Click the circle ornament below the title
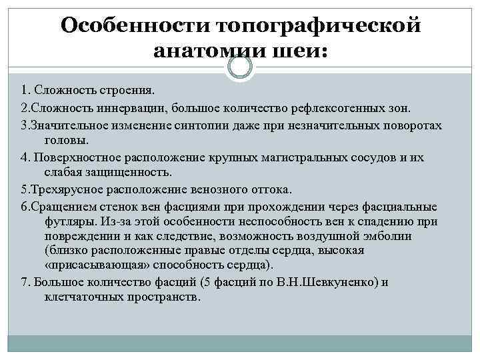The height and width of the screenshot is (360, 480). pyautogui.click(x=239, y=67)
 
